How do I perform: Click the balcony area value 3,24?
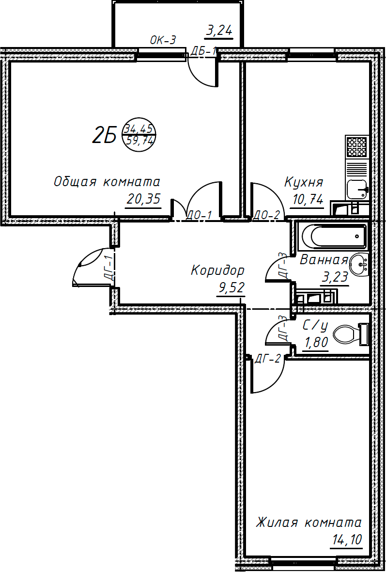219,32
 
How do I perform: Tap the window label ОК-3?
163,41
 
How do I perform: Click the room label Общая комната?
107,182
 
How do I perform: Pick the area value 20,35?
143,199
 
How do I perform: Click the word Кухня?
304,183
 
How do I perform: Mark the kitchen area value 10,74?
307,199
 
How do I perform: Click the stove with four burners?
357,146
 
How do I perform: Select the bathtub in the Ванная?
333,237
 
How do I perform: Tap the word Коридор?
217,270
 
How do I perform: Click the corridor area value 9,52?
231,288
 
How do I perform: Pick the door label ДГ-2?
268,359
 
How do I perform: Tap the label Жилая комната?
309,523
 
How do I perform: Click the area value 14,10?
346,540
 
